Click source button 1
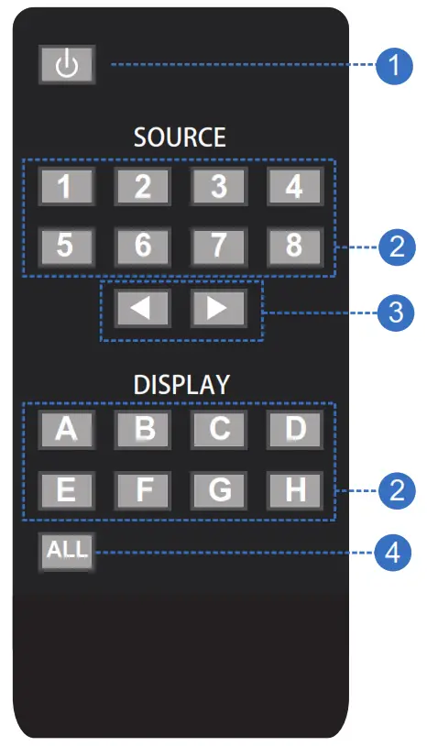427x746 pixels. (66, 187)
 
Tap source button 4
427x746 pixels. (294, 187)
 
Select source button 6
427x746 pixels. (142, 245)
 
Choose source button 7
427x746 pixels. (218, 245)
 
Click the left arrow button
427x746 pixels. (142, 308)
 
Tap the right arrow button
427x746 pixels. (218, 308)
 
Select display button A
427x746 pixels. (66, 430)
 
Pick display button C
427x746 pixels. (218, 430)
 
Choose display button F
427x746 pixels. (142, 490)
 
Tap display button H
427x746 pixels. (294, 490)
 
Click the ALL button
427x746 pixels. (66, 553)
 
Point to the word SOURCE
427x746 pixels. (180, 138)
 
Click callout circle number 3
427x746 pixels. (395, 312)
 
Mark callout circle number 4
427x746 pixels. (395, 553)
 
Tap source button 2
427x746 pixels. (142, 187)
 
